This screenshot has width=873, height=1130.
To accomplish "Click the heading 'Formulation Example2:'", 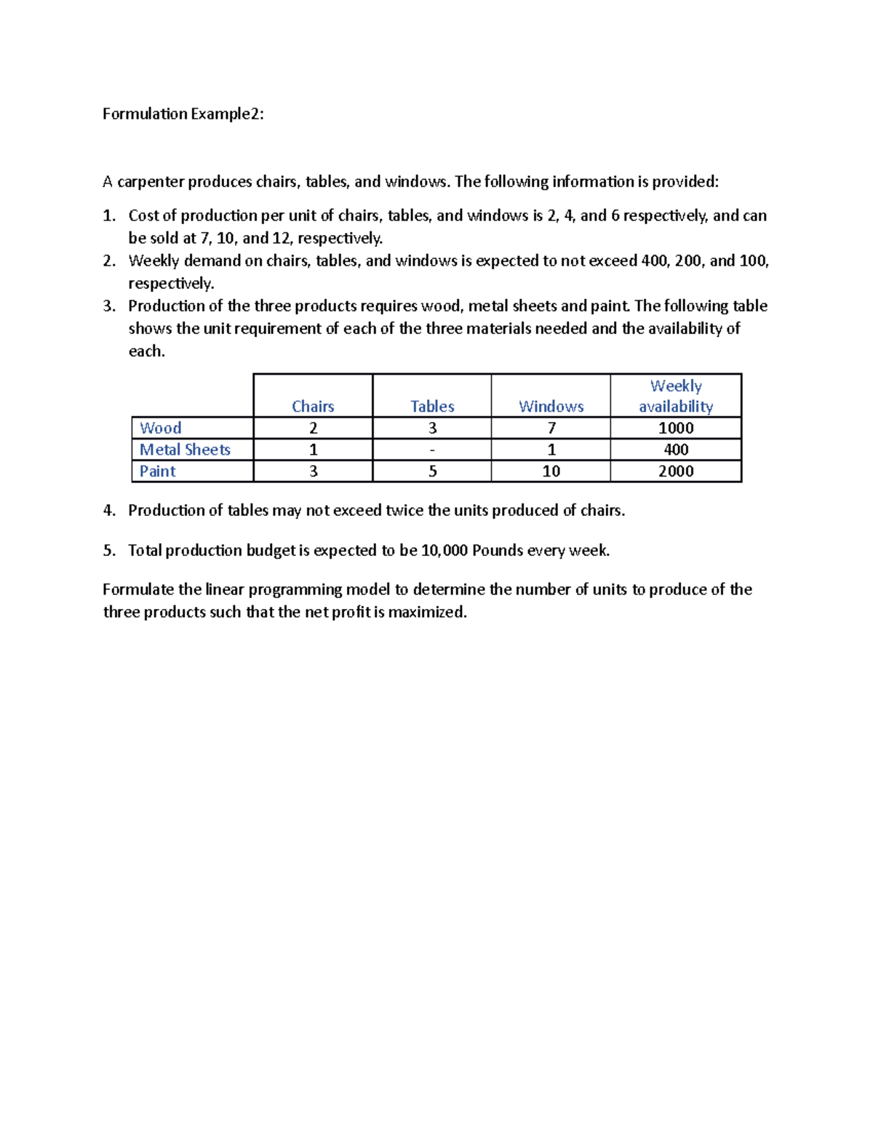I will point(183,114).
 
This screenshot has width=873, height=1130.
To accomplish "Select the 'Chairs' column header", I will point(313,406).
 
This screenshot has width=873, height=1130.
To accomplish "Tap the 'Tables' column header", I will point(432,406).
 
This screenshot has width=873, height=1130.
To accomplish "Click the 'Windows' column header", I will point(551,406).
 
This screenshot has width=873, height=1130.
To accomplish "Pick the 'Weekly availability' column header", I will point(676,396).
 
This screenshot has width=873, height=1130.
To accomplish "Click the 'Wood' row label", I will point(160,428).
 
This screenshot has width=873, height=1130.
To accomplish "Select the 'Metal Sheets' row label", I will point(185,450).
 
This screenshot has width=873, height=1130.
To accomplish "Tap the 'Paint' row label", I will point(157,472).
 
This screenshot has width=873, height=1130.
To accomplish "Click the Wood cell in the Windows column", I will point(551,428).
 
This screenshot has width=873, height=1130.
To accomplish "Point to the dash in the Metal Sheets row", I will point(432,450).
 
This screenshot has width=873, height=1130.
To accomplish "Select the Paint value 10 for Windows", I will point(551,472).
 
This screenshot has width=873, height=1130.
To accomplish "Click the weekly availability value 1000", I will point(676,428).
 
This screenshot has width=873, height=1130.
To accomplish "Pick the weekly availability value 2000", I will point(676,472).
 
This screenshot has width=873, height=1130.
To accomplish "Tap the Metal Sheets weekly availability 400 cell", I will point(676,450).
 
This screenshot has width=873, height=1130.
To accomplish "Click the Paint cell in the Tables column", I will point(432,472).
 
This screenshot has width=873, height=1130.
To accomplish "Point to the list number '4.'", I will point(109,510).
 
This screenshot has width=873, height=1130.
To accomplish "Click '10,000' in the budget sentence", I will point(444,550).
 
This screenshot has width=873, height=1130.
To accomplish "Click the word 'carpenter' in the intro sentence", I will point(151,182).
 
